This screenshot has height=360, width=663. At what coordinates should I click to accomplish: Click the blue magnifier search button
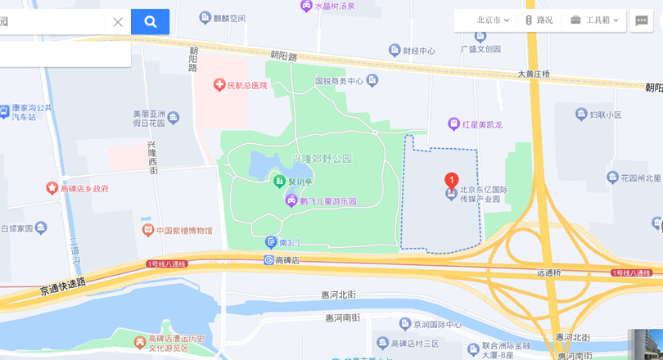[150, 22]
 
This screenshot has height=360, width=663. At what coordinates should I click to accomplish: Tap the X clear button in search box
[118, 22]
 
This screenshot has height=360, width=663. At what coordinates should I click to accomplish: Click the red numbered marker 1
[451, 180]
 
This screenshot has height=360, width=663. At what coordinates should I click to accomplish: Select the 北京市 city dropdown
[493, 20]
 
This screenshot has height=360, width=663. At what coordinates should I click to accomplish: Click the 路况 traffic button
[539, 20]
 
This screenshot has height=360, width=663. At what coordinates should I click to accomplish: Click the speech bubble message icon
[642, 20]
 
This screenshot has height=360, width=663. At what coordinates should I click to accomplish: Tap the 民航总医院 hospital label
[247, 85]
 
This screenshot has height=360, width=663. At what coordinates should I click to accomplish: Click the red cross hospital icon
[219, 84]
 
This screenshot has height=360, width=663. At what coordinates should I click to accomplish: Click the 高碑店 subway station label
[286, 260]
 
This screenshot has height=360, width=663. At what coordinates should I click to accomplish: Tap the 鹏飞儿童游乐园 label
[327, 201]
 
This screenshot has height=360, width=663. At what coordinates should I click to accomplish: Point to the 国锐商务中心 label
[339, 81]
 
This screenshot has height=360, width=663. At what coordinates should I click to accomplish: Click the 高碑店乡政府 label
[83, 189]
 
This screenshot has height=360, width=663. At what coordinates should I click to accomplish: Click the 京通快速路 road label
[62, 286]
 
